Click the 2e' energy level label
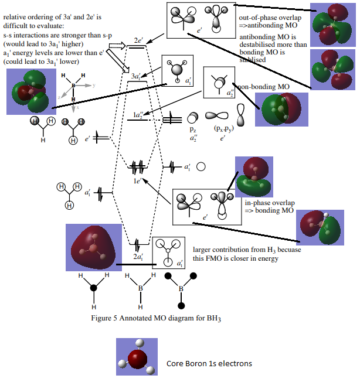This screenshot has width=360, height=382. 140,41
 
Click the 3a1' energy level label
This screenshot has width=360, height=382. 135,76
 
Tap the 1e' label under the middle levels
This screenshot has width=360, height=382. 137,182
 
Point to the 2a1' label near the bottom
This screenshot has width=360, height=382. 138,257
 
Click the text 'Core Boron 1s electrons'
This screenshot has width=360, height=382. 209,363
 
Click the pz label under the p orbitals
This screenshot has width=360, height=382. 193,128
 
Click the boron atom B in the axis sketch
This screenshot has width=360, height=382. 73,86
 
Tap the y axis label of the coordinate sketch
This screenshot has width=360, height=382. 93,85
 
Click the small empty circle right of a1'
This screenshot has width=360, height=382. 201,166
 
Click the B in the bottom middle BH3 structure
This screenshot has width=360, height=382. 141,288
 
